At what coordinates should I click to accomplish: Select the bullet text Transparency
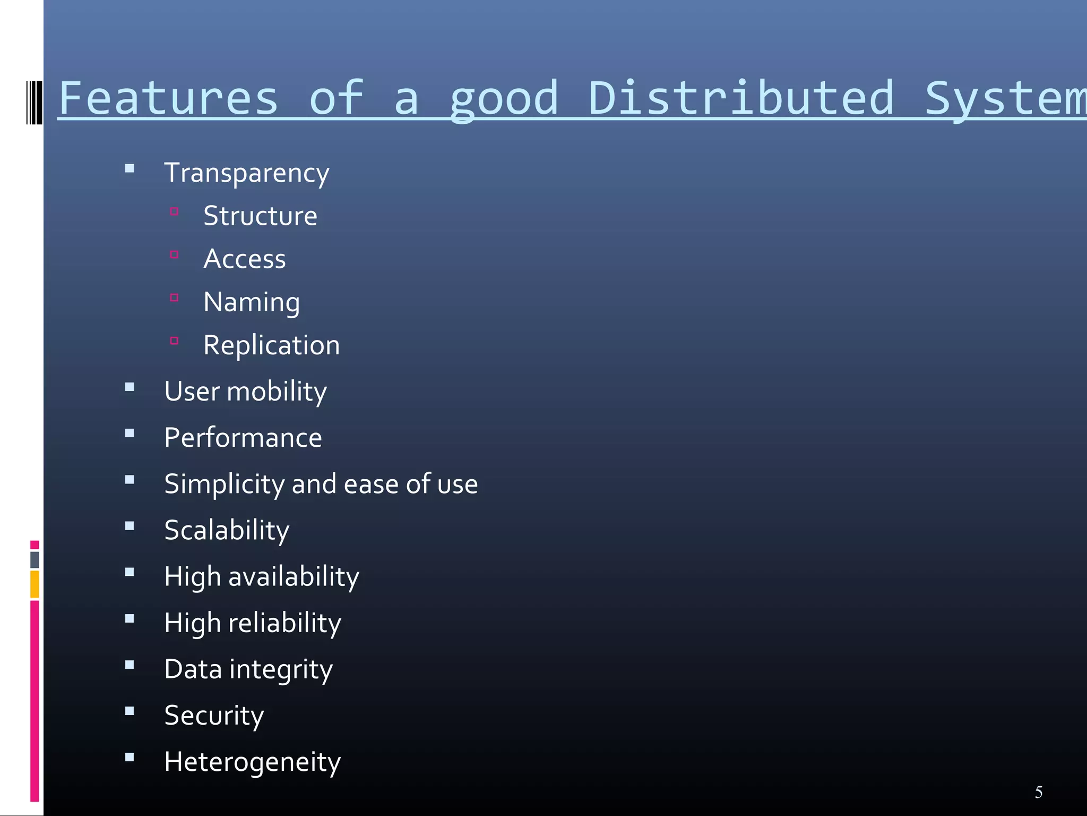tap(247, 173)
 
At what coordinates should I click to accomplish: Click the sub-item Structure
tap(260, 216)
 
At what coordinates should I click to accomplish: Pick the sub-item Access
tap(245, 259)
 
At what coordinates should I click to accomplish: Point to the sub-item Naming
tap(252, 303)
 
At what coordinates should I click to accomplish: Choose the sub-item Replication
tap(271, 345)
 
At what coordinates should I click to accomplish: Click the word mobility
tap(277, 392)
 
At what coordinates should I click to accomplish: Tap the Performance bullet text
tap(243, 438)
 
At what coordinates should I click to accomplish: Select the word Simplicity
tap(225, 484)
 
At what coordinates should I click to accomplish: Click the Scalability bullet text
tap(227, 531)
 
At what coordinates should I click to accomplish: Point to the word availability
tap(294, 577)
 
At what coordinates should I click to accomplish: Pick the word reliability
tap(284, 623)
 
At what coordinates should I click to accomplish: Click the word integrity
tap(281, 669)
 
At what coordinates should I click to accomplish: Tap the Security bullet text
tap(214, 716)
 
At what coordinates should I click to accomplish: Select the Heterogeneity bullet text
tap(252, 762)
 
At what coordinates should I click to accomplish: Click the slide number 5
tap(1039, 792)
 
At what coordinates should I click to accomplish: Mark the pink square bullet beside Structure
tap(174, 211)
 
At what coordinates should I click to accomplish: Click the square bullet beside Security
tap(130, 711)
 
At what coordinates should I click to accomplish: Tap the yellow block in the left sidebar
tap(34, 584)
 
